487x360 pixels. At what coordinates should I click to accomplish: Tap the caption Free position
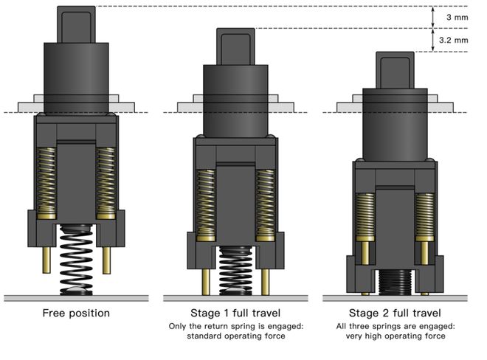[76, 314]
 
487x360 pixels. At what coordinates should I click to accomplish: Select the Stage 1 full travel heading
[235, 314]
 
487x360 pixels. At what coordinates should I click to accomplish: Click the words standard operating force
[235, 336]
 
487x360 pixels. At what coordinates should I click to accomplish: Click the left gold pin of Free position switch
[46, 259]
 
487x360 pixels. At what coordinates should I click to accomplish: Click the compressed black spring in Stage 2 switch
[395, 283]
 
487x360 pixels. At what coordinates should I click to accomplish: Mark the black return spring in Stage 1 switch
[235, 270]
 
